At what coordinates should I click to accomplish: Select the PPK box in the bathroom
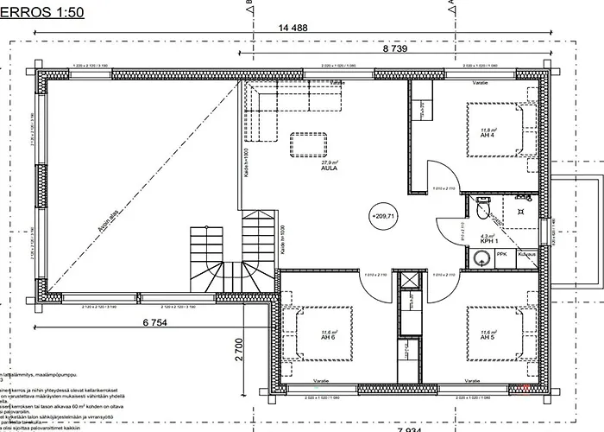(501, 255)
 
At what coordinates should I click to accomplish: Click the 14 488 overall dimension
(293, 28)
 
